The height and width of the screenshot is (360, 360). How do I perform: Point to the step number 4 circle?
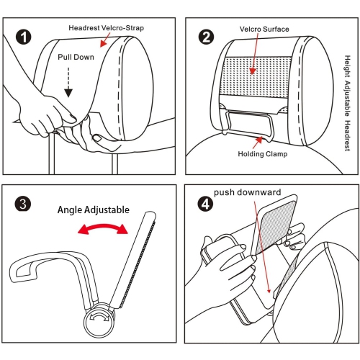[206, 202]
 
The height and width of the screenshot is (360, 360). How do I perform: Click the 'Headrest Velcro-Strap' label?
[107, 27]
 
